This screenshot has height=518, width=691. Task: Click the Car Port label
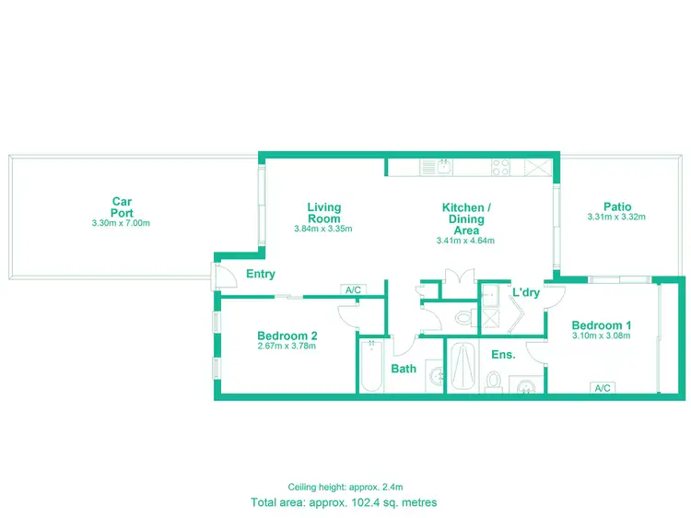[121, 206]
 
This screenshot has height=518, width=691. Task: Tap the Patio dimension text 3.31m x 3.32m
[616, 218]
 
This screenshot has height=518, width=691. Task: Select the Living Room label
[323, 213]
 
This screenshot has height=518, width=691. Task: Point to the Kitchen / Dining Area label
[466, 219]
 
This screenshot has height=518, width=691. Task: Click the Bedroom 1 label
[602, 325]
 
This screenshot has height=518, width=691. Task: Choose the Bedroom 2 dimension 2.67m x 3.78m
[287, 347]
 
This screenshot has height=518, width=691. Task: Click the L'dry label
[526, 292]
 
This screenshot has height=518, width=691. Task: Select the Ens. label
[503, 354]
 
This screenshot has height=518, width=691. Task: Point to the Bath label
[404, 369]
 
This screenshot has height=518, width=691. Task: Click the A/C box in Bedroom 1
[604, 388]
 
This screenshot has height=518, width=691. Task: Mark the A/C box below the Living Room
[353, 289]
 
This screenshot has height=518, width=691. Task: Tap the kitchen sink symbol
[441, 167]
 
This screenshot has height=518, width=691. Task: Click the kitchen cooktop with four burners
[501, 167]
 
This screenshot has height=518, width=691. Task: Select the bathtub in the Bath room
[371, 366]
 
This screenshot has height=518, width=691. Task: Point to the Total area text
[344, 503]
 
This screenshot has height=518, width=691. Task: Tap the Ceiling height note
[344, 487]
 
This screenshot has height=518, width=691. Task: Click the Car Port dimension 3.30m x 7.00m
[121, 224]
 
